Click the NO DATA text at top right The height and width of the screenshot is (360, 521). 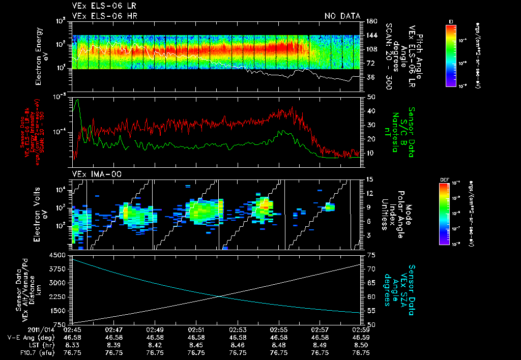(342, 16)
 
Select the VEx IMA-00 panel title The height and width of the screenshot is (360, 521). (93, 174)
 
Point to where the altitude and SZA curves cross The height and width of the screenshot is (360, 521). (220, 296)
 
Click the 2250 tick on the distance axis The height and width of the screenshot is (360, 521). (60, 296)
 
